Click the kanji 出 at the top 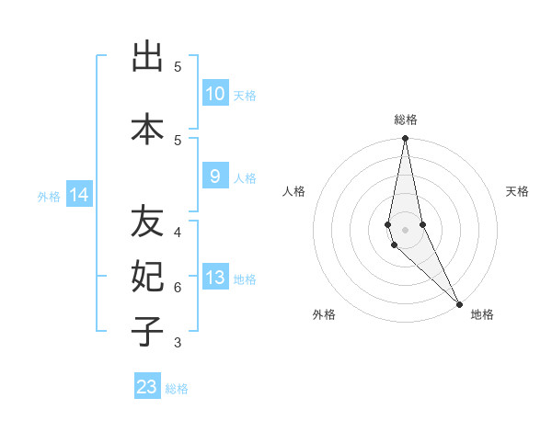point(147,58)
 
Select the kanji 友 point(147,223)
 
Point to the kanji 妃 point(147,277)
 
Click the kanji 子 point(147,330)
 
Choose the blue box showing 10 point(214,94)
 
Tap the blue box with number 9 point(214,177)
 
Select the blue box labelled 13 point(214,279)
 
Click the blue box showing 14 point(79,195)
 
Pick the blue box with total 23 point(147,387)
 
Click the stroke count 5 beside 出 point(178,67)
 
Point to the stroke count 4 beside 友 point(178,233)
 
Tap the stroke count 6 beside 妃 point(178,288)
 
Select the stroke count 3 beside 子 point(178,343)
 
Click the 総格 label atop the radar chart point(406,119)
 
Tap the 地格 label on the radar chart point(482,314)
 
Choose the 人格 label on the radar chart point(294,191)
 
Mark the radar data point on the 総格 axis point(406,140)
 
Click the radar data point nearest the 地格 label point(459,302)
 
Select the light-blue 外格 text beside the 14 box point(48,196)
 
